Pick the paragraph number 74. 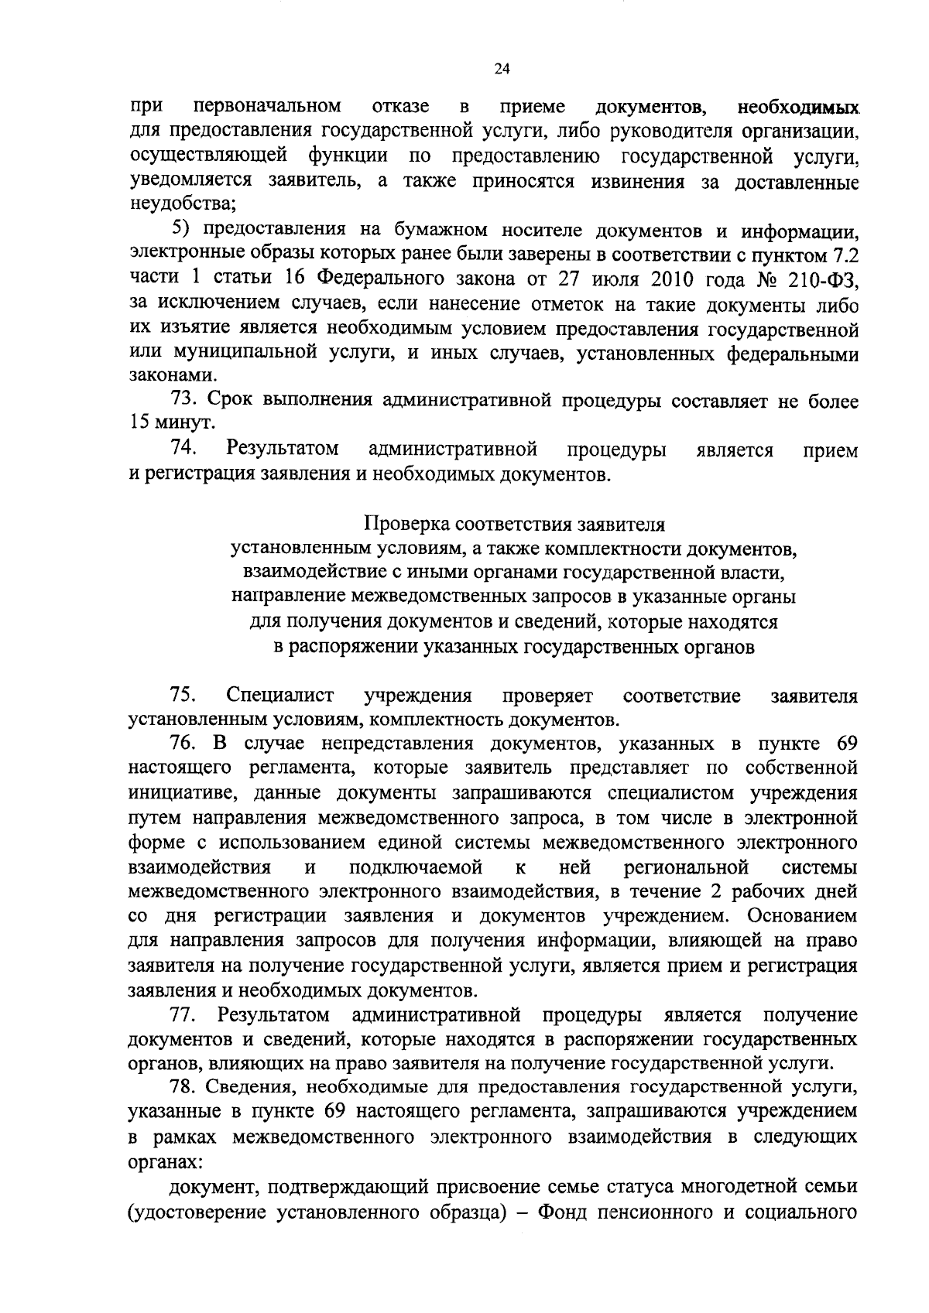(x=187, y=448)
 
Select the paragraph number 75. (x=187, y=696)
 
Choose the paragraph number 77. (x=187, y=1014)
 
